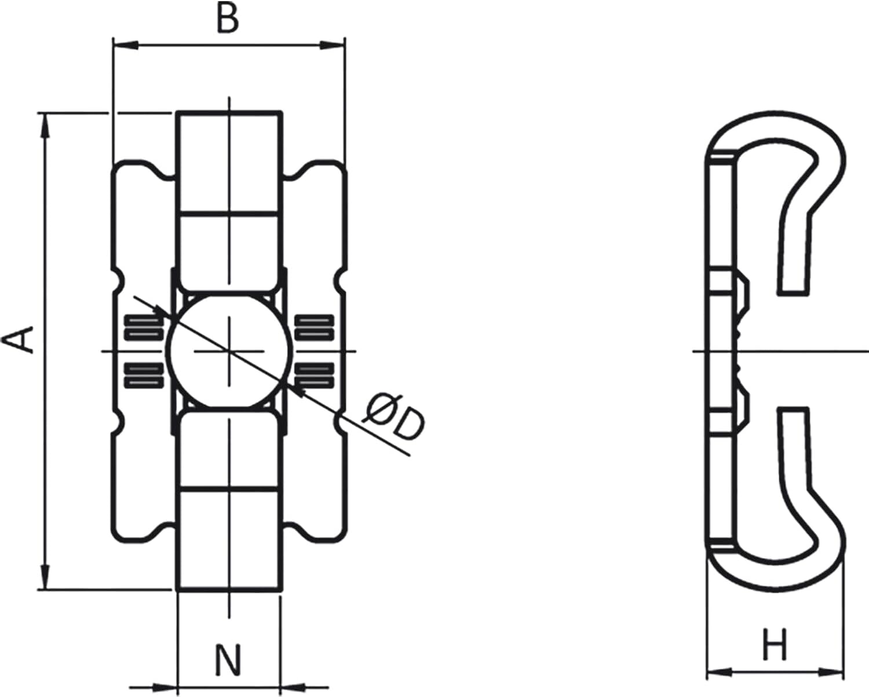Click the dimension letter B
coord(227,20)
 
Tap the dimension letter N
coord(228,660)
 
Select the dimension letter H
coord(775,645)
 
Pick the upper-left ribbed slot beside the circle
coord(143,327)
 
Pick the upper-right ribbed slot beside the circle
coord(315,327)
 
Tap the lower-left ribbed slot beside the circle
coord(143,375)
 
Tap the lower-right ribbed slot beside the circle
coord(315,375)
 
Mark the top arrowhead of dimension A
coord(45,125)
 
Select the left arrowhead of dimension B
coord(125,45)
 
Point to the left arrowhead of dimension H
coord(719,672)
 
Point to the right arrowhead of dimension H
coord(832,672)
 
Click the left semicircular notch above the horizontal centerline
coord(118,280)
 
